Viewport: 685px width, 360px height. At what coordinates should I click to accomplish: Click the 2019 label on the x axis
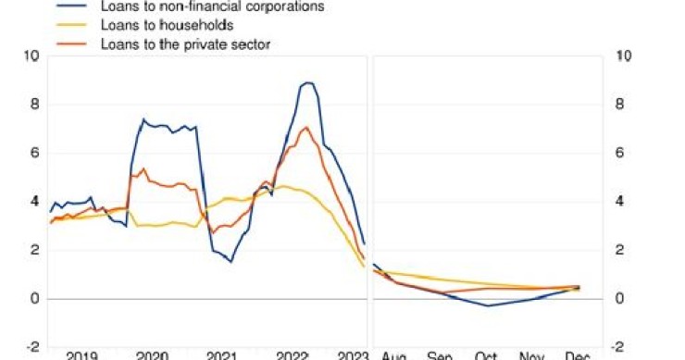point(82,355)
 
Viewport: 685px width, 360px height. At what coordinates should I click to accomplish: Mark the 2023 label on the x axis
point(353,355)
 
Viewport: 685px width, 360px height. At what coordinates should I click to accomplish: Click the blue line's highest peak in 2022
point(307,82)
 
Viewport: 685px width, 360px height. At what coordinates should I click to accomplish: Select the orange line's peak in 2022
point(305,127)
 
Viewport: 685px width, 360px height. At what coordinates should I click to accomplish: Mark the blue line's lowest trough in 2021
point(230,262)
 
